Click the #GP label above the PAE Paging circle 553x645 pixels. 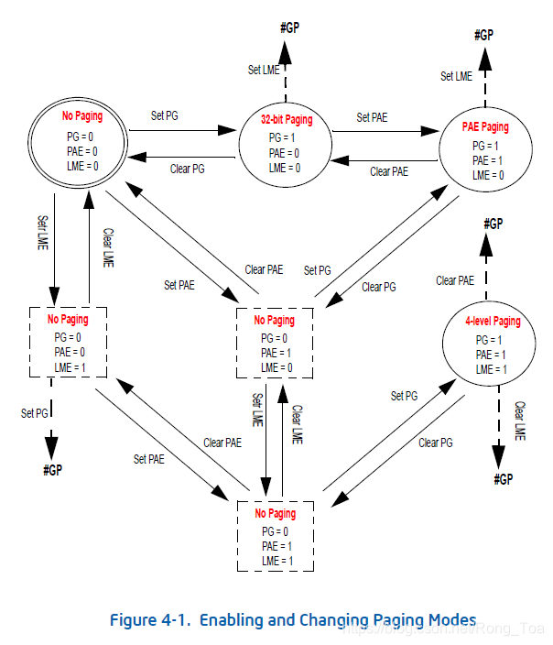point(483,35)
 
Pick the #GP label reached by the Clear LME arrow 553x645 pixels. point(503,479)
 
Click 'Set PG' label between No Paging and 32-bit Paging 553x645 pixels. point(165,115)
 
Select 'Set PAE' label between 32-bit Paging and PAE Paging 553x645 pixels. point(373,117)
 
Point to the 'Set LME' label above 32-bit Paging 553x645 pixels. point(265,70)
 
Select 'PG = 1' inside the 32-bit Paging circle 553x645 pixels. point(284,139)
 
